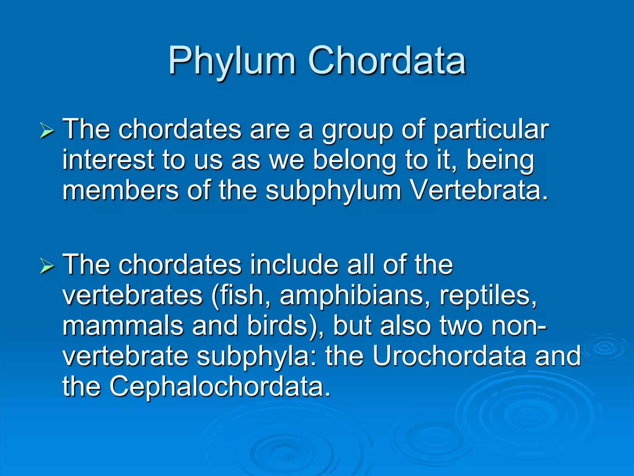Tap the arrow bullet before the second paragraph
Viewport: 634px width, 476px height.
[47, 266]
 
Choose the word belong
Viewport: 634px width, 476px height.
[354, 161]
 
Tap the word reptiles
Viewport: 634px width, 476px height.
[488, 295]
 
